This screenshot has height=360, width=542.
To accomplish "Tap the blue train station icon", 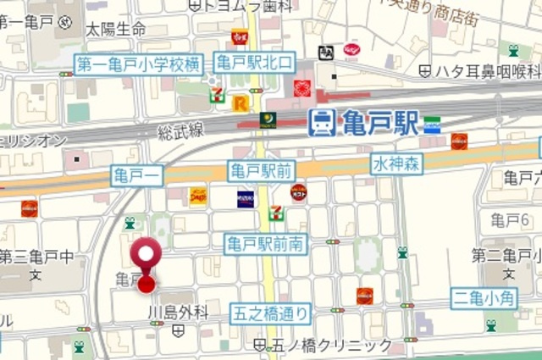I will (321, 122).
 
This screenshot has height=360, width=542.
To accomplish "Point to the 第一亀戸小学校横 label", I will (139, 64).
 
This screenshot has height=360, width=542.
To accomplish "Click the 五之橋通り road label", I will (271, 314).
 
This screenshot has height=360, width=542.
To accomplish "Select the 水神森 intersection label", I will (395, 163).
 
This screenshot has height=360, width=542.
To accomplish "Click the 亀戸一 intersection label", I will (137, 176).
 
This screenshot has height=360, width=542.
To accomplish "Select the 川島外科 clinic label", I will (178, 312).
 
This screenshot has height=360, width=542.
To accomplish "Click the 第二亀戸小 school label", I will (506, 256).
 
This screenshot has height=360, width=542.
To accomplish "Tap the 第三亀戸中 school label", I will (36, 256).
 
